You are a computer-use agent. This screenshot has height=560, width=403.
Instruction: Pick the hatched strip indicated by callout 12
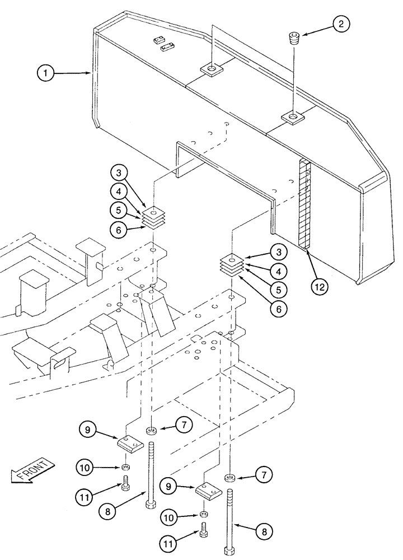click(x=305, y=204)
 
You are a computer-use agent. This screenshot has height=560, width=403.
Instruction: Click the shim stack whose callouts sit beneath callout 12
click(x=231, y=263)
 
